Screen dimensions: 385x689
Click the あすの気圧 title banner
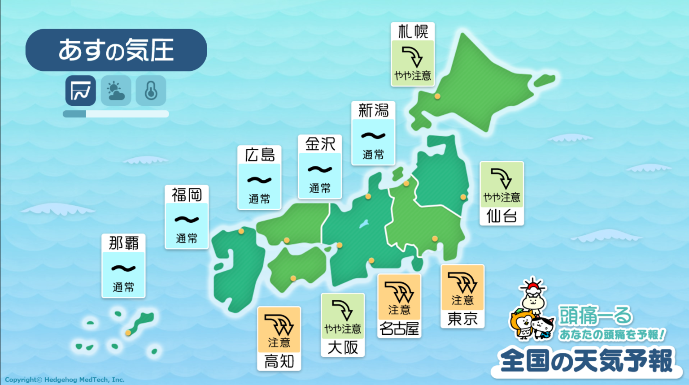(x=116, y=50)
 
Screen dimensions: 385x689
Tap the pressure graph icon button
(x=81, y=91)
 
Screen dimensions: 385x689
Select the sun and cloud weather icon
(x=116, y=91)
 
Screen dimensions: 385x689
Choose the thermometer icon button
(x=151, y=91)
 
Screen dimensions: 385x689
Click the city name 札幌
(x=413, y=32)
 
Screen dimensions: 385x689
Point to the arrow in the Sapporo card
(x=412, y=56)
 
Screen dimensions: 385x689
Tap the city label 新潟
(x=373, y=110)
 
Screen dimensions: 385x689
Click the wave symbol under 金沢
(x=320, y=169)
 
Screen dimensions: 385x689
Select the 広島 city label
(x=259, y=155)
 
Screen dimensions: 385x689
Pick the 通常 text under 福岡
(x=187, y=238)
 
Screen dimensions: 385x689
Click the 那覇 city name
(x=123, y=243)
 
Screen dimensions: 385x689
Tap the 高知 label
(x=279, y=361)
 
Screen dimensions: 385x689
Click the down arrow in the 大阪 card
(x=343, y=310)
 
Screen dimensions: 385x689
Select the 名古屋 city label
(x=399, y=329)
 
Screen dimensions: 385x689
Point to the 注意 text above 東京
(x=462, y=300)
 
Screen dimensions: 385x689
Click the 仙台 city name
(x=501, y=216)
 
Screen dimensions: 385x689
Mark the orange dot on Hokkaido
(x=437, y=96)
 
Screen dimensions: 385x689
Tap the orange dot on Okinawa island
(x=128, y=333)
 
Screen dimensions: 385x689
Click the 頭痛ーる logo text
(x=596, y=316)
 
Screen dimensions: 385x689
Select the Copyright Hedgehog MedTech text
(x=65, y=380)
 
